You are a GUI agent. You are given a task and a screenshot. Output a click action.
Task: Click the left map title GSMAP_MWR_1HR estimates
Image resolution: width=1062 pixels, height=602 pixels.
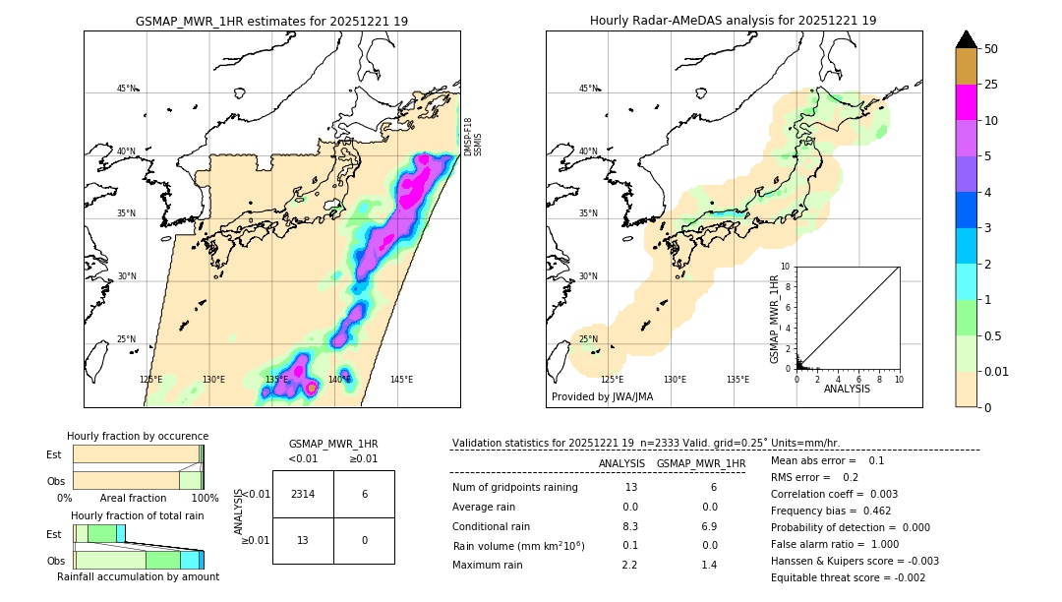[271, 21]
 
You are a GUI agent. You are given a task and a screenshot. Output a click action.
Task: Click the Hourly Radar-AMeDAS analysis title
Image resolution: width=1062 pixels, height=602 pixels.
[733, 21]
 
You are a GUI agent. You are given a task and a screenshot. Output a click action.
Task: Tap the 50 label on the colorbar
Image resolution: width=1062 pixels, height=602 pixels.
[991, 48]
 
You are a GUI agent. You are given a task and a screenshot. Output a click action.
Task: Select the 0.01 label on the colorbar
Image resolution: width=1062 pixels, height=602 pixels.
[997, 371]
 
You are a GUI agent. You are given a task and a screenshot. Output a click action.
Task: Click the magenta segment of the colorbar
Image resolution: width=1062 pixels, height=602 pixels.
[966, 102]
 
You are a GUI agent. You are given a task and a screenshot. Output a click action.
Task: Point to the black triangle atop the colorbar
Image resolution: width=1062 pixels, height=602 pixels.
[966, 39]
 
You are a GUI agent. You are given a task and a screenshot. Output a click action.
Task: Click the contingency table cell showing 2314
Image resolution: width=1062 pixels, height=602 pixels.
[303, 494]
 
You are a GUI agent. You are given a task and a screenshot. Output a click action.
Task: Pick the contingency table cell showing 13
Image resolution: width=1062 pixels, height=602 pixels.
[303, 541]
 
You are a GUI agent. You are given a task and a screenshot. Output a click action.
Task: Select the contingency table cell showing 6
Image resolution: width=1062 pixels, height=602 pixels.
[364, 494]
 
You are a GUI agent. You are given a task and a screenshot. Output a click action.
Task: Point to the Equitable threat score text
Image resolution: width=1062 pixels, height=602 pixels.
[848, 577]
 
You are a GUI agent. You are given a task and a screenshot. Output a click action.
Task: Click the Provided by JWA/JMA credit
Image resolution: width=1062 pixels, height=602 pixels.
[602, 396]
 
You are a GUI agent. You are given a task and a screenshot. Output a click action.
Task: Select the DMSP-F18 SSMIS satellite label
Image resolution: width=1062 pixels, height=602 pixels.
[473, 137]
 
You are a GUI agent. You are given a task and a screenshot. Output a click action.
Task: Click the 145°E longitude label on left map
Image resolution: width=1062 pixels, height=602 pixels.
[400, 380]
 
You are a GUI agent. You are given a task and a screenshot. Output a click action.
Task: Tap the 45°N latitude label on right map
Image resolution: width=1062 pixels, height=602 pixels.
[587, 89]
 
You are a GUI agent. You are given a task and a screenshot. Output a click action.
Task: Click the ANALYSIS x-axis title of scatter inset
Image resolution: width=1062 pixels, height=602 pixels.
[847, 389]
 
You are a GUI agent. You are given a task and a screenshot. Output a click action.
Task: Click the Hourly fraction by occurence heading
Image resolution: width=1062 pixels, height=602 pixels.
[137, 436]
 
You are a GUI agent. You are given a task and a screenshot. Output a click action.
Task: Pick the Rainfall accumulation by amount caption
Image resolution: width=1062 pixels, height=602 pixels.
[138, 576]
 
